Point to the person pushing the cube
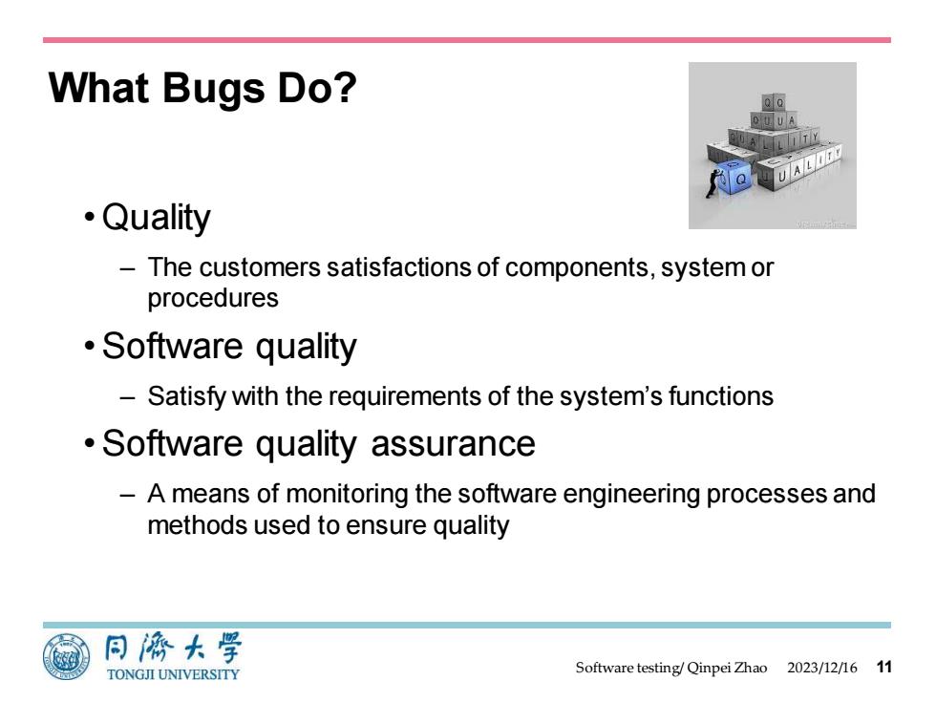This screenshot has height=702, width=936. point(713,183)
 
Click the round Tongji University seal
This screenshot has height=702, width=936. point(66,657)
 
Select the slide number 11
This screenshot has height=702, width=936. point(884,667)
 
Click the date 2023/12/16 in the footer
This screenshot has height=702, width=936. point(821,668)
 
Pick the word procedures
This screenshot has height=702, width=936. point(213,298)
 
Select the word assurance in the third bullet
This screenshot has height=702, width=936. point(453,443)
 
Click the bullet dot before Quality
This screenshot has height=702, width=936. point(90,216)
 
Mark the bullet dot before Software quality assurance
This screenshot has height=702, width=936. point(90,443)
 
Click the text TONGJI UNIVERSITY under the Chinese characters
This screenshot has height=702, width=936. point(173,674)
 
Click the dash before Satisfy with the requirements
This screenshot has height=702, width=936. point(127,397)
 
